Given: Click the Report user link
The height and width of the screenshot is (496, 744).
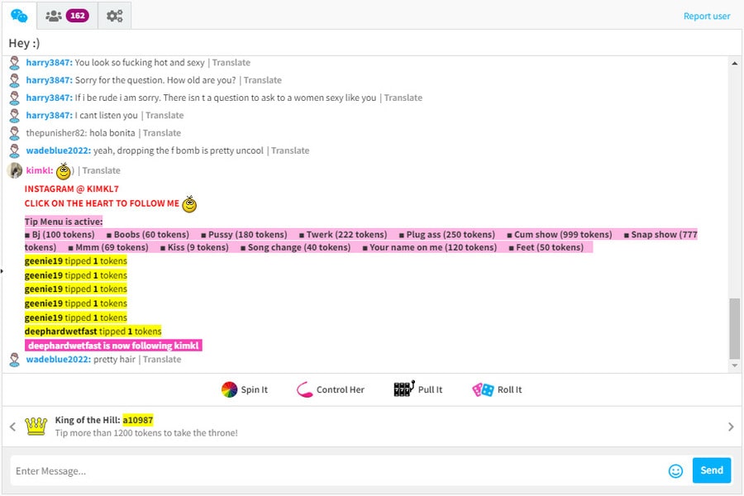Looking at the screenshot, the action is [x=707, y=17].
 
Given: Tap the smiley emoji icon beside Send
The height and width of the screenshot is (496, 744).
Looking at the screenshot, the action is [x=675, y=471].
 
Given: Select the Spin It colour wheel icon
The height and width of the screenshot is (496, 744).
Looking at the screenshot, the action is [x=229, y=389].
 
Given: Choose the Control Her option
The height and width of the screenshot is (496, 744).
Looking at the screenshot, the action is [x=331, y=389].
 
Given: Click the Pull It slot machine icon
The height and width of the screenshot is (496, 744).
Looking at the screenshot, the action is [x=404, y=389].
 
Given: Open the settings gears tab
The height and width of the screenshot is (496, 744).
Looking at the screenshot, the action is [x=114, y=17].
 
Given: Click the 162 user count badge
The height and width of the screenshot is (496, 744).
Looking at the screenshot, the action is [x=78, y=16].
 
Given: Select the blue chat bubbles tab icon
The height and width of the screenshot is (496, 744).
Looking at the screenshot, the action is [x=19, y=17].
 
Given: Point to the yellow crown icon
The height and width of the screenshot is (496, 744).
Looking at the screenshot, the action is [x=36, y=427].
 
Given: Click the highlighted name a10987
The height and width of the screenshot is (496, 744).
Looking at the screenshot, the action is [x=138, y=420].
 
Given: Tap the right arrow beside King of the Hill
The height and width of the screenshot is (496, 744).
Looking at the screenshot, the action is [x=731, y=427].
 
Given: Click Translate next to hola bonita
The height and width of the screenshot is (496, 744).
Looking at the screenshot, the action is [x=162, y=133].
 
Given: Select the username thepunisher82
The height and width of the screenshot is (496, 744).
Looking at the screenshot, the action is [x=56, y=133].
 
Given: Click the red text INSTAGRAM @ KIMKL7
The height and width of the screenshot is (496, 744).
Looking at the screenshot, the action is [x=72, y=189].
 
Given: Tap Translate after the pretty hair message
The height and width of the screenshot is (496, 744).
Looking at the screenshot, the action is [x=162, y=360].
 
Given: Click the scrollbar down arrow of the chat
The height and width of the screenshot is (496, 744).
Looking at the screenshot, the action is [x=735, y=365].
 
